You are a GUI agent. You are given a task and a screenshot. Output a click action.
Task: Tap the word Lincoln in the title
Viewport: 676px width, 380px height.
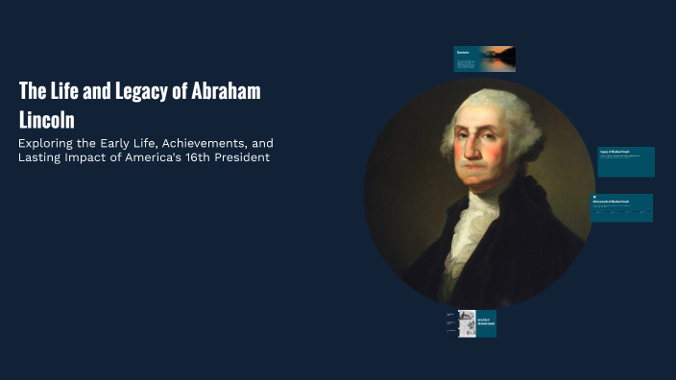(47, 121)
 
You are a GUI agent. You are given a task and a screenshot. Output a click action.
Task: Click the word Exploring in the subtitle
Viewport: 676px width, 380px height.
(48, 143)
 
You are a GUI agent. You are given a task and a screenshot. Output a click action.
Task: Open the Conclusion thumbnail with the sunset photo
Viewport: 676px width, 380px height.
(484, 59)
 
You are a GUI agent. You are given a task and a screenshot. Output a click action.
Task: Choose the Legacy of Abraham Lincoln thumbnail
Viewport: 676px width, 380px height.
(626, 161)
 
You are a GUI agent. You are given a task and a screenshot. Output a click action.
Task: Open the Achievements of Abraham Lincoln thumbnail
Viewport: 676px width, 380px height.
(622, 207)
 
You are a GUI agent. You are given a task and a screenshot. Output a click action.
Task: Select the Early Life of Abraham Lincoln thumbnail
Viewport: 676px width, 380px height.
(471, 323)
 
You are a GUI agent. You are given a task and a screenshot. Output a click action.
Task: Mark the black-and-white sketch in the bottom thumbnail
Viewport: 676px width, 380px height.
(467, 322)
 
